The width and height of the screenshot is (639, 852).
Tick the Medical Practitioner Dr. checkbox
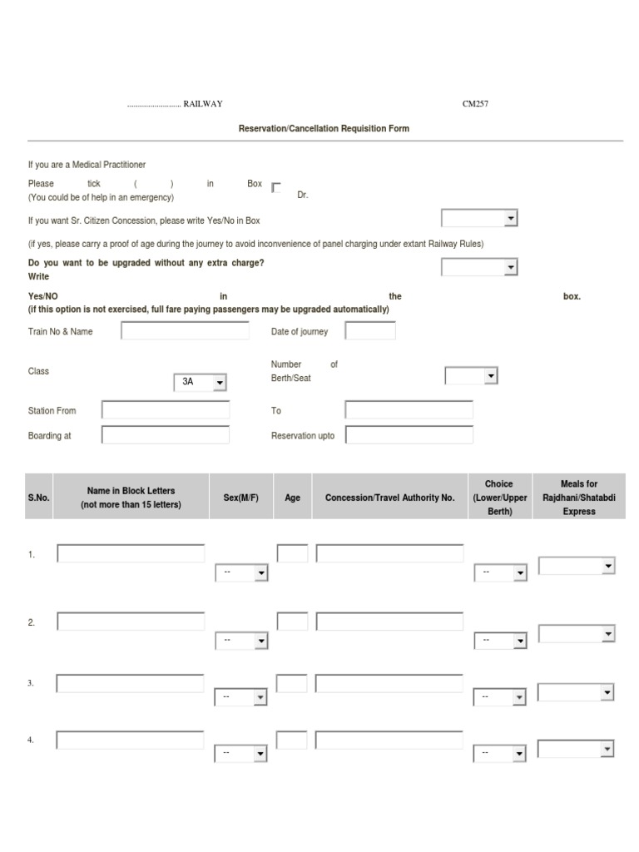click(x=276, y=187)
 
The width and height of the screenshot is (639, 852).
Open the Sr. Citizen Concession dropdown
click(x=479, y=218)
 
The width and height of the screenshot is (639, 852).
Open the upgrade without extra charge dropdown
click(x=479, y=267)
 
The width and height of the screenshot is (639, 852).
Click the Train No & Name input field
click(x=185, y=331)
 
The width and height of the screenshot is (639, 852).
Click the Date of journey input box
click(x=370, y=331)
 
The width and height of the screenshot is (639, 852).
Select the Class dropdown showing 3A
click(x=200, y=382)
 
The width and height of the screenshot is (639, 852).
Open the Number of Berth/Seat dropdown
click(x=471, y=376)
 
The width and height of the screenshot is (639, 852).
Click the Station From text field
click(x=166, y=410)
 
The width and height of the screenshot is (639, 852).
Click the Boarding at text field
click(x=166, y=435)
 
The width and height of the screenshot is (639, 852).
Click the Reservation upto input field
click(x=409, y=435)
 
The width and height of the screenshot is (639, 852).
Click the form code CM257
click(x=475, y=104)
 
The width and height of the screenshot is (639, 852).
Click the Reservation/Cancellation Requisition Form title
click(x=324, y=129)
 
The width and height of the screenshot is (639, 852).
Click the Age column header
click(x=293, y=498)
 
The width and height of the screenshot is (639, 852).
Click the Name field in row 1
click(x=131, y=553)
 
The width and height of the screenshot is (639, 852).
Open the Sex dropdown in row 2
click(x=241, y=641)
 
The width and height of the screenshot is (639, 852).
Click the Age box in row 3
click(x=291, y=684)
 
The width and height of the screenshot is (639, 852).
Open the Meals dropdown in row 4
click(x=576, y=750)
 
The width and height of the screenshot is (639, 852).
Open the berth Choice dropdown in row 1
click(x=500, y=572)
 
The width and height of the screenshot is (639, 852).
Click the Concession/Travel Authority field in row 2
click(x=389, y=622)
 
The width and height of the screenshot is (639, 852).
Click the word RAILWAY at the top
click(x=203, y=104)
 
